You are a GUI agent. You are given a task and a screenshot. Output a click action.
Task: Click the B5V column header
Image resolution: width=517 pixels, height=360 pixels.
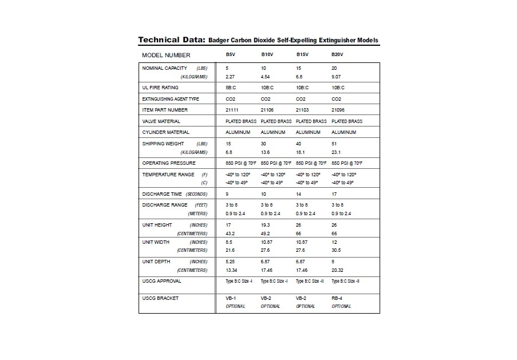(230, 55)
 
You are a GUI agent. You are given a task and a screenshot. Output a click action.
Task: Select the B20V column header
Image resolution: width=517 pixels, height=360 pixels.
(337, 55)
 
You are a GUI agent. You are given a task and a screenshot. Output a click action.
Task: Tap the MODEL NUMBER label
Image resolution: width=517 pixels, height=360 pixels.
(166, 56)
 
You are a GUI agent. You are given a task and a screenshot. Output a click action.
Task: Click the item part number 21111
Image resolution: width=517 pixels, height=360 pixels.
(232, 110)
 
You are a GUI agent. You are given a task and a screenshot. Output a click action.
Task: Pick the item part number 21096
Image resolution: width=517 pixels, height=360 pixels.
(338, 110)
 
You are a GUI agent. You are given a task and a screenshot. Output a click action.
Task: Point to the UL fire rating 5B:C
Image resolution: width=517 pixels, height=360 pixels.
(232, 88)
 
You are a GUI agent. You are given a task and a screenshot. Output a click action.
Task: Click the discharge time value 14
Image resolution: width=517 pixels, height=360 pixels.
(298, 194)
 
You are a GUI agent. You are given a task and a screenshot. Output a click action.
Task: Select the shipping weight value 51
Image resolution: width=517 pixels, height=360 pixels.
(334, 144)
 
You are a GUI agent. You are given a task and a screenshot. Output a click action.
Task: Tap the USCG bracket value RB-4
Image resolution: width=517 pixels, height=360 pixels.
(338, 298)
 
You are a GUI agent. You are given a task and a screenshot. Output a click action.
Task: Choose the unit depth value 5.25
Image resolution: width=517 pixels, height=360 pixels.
(231, 262)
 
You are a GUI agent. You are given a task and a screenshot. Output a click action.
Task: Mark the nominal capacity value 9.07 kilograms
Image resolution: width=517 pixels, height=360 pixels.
(337, 77)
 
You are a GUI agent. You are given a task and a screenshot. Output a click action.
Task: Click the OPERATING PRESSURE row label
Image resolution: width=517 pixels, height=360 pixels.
(168, 163)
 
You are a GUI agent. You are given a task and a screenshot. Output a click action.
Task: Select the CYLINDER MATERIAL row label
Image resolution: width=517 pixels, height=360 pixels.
(165, 132)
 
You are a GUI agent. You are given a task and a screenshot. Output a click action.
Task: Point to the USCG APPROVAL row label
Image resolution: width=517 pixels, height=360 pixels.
(161, 281)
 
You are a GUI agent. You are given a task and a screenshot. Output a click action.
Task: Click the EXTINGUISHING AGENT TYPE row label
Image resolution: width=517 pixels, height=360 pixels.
(171, 99)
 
